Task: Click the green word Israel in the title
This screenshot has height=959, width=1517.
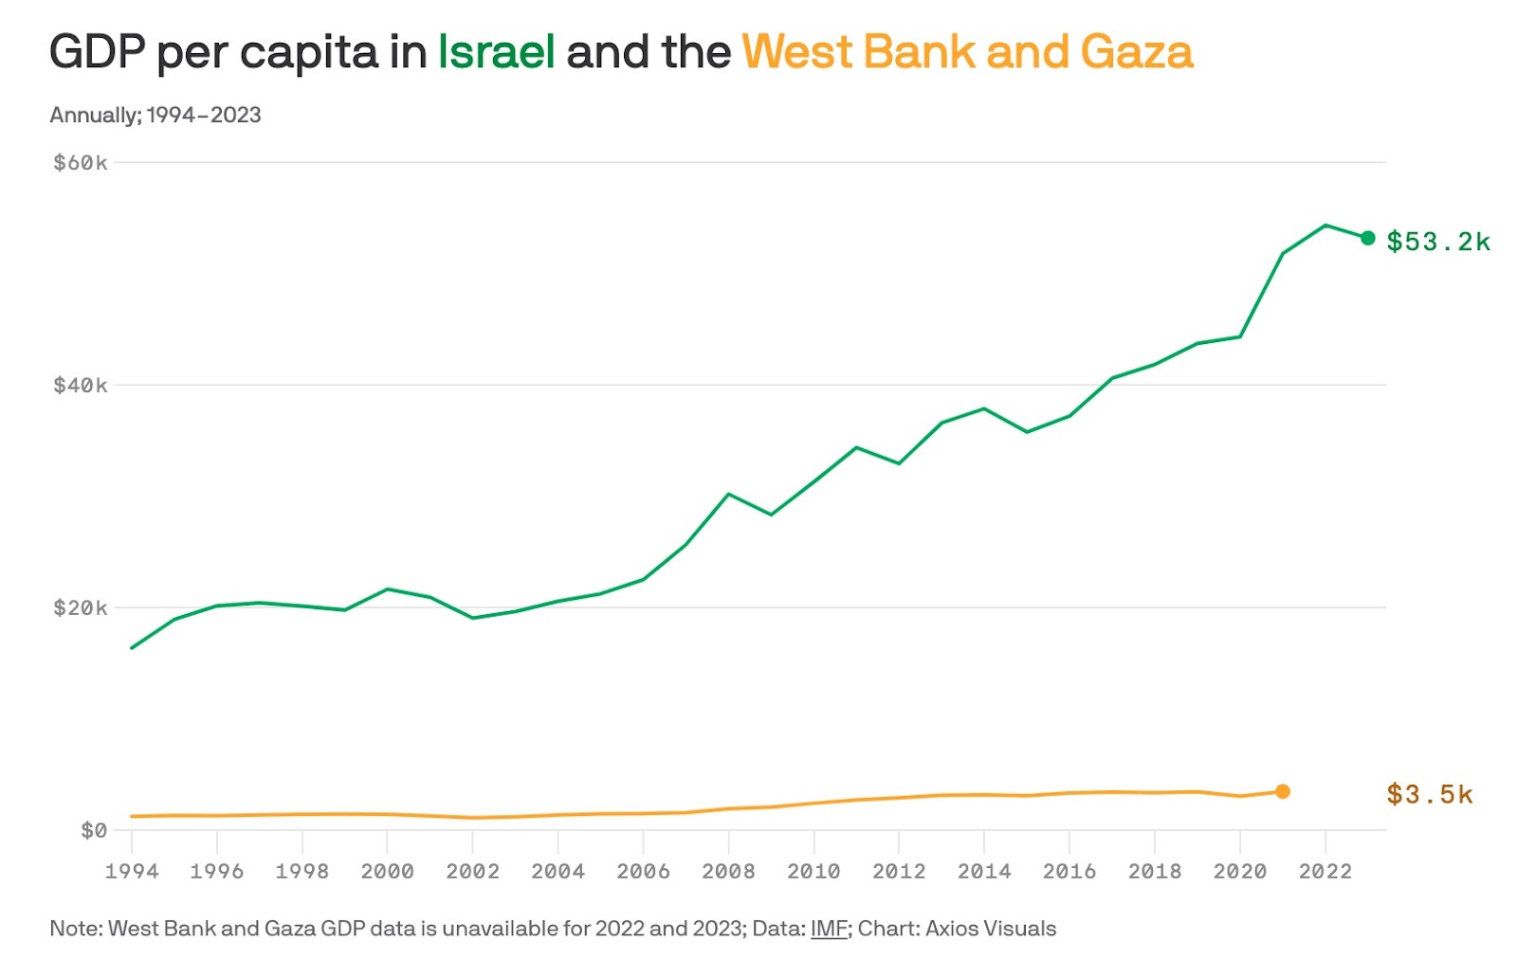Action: pos(496,52)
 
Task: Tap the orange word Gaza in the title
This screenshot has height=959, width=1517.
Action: pos(1136,52)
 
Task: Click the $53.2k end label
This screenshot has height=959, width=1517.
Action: pos(1437,242)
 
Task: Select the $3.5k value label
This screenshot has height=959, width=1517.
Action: pos(1429,794)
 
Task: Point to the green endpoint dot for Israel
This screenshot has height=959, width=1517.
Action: pos(1367,238)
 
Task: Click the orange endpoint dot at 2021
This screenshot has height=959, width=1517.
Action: pos(1282,791)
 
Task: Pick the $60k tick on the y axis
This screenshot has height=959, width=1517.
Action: pos(81,163)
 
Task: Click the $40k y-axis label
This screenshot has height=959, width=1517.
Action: pos(81,386)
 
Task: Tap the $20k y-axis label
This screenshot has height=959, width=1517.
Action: pos(81,608)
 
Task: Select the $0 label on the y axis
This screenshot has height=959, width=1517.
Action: pos(93,831)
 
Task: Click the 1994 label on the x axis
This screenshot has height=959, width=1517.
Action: pos(132,872)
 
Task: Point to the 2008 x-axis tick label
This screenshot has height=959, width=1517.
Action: pos(728,872)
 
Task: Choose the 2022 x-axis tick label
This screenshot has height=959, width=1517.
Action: pos(1325,872)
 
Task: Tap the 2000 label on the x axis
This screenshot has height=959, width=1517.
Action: pos(387,872)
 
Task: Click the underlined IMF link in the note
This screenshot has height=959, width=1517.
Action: pos(828,929)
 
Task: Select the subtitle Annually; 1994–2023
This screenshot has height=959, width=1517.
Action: pos(155,116)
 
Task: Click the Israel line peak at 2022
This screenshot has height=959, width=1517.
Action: pos(1325,226)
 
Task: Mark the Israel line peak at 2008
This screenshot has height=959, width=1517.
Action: pos(728,494)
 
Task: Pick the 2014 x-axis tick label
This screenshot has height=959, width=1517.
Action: pos(984,872)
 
